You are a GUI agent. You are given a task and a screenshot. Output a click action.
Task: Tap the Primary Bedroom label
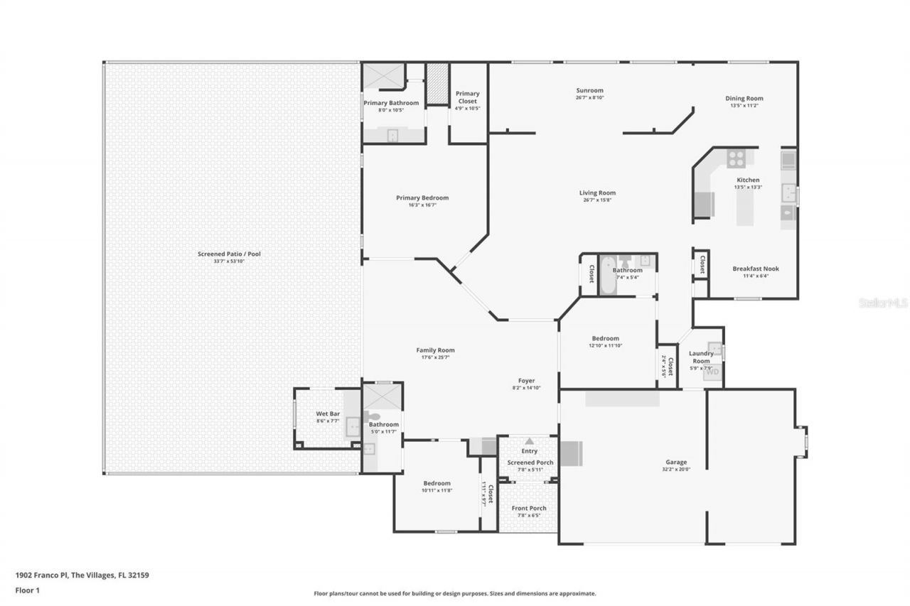(422, 198)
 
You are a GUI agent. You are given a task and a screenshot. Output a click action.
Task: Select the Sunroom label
(589, 90)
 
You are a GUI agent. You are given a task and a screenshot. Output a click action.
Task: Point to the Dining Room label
(744, 99)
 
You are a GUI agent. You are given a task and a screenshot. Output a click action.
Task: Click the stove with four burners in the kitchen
(735, 158)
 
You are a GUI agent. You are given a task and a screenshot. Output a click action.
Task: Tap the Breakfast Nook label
(756, 269)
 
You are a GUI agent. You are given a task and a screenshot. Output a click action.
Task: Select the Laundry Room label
(701, 357)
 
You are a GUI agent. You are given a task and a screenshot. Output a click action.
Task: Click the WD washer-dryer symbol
(712, 372)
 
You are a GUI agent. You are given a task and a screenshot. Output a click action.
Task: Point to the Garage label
(676, 462)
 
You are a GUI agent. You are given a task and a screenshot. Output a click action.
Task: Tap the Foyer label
(526, 381)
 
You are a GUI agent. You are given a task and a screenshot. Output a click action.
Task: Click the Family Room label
(435, 350)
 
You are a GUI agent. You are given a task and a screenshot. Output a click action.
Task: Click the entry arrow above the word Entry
(529, 441)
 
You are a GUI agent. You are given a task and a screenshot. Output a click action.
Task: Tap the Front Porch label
(529, 508)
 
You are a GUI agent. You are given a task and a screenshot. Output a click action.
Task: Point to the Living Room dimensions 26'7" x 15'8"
(597, 200)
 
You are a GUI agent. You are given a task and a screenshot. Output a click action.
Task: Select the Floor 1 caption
(28, 590)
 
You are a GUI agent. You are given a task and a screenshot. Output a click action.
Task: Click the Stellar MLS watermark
(883, 303)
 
